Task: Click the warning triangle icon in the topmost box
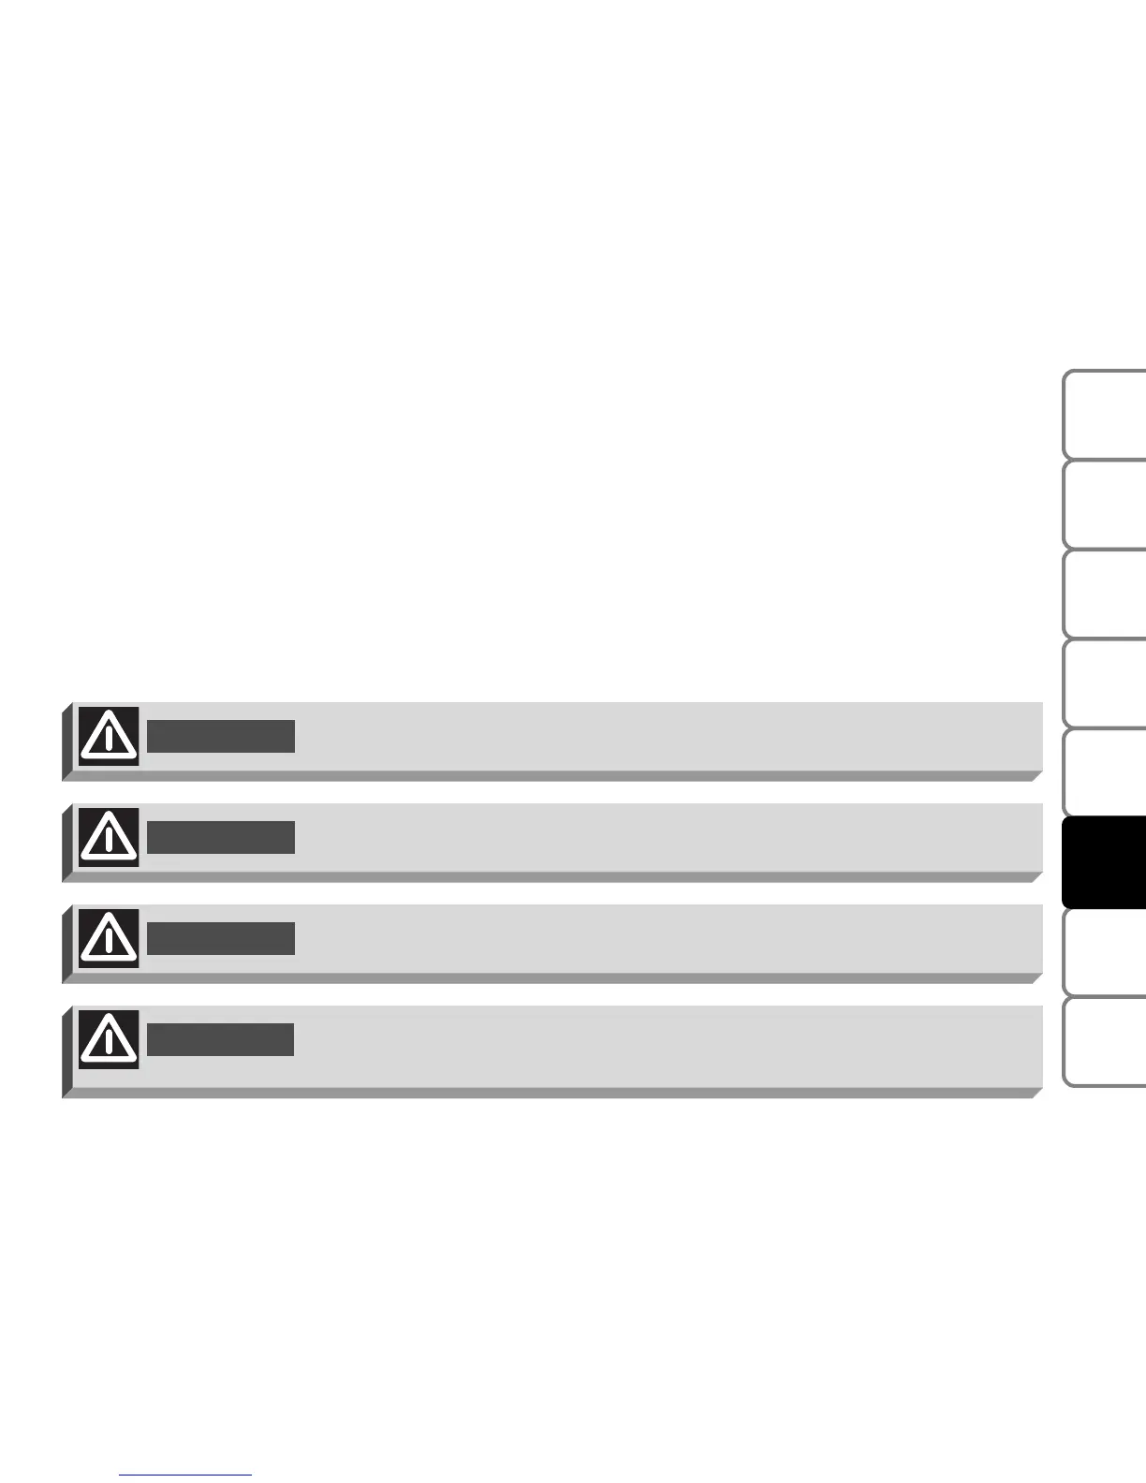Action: click(x=109, y=737)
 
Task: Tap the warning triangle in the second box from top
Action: click(x=109, y=837)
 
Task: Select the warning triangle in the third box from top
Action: click(x=109, y=938)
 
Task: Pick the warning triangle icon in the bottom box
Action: click(x=109, y=1039)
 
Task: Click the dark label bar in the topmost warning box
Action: click(x=221, y=737)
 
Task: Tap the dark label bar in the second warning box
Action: click(x=221, y=837)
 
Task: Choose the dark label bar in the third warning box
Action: click(x=221, y=938)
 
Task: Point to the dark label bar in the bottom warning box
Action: click(x=221, y=1039)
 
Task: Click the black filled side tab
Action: click(x=1105, y=861)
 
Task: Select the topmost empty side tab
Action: click(x=1105, y=414)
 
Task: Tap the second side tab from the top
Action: click(x=1105, y=504)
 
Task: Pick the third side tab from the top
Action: click(x=1105, y=594)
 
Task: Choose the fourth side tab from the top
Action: click(x=1105, y=683)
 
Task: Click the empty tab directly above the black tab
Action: click(x=1105, y=772)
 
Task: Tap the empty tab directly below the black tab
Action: click(x=1105, y=951)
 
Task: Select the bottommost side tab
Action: click(x=1105, y=1041)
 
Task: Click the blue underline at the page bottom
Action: click(x=186, y=1476)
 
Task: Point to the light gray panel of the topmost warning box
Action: click(x=655, y=737)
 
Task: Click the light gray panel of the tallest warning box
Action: click(x=655, y=1046)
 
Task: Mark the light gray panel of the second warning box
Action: click(x=655, y=837)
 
